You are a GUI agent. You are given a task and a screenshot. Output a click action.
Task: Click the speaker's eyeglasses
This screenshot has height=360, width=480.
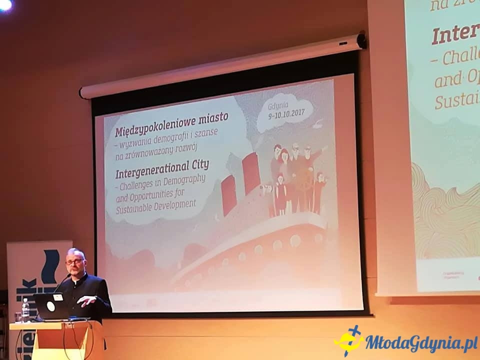[x=74, y=261]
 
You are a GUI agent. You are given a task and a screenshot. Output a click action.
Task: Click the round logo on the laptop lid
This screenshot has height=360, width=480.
[x=51, y=306]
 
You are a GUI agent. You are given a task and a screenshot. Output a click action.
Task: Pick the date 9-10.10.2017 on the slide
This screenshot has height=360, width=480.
[x=287, y=114]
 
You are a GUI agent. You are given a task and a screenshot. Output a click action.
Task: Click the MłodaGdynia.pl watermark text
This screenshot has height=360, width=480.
[x=420, y=343]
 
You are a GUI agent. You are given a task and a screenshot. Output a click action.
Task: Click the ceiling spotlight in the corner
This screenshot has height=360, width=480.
[x=5, y=4]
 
